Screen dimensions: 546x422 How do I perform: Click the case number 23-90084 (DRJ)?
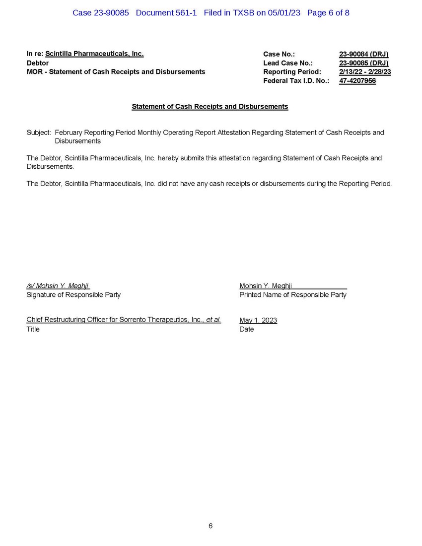(363, 54)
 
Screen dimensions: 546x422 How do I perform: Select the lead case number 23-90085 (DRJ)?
(363, 63)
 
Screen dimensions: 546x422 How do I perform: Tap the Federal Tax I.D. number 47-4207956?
(357, 81)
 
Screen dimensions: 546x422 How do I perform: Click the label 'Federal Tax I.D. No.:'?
(296, 81)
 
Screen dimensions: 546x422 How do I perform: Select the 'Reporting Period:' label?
(292, 72)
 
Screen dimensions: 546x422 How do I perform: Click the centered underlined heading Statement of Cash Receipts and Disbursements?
(210, 107)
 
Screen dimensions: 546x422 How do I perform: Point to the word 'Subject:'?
(39, 133)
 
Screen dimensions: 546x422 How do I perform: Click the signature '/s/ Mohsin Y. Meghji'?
(58, 286)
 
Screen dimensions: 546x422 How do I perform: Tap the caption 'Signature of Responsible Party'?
(73, 295)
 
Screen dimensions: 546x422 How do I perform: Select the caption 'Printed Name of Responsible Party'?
(293, 295)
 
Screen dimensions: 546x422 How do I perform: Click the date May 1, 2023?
(258, 320)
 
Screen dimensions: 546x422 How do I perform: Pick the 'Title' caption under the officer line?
(33, 329)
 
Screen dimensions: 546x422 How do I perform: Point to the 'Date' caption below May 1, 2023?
(246, 329)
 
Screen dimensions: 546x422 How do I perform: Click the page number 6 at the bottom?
(211, 526)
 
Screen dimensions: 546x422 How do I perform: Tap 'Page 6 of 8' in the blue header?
(328, 13)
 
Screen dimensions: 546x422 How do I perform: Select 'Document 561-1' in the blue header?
(166, 13)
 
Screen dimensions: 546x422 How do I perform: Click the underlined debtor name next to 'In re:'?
(94, 54)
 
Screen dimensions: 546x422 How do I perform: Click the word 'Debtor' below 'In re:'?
(37, 63)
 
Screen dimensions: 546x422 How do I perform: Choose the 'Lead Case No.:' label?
(288, 63)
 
